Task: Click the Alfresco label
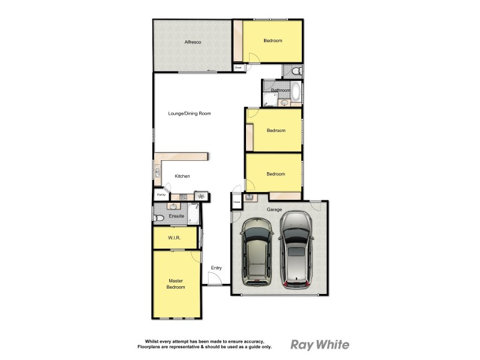click(x=192, y=42)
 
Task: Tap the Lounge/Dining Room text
click(x=189, y=113)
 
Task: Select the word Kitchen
click(x=182, y=176)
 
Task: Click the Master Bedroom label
click(x=176, y=284)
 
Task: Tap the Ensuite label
click(x=176, y=216)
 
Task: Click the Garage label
click(x=275, y=209)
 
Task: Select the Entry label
click(x=216, y=268)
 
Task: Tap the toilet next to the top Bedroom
click(x=295, y=71)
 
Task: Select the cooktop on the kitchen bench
click(x=184, y=196)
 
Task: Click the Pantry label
click(x=161, y=195)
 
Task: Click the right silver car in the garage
click(x=296, y=249)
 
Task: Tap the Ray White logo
click(x=320, y=344)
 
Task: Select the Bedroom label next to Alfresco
click(x=272, y=41)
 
